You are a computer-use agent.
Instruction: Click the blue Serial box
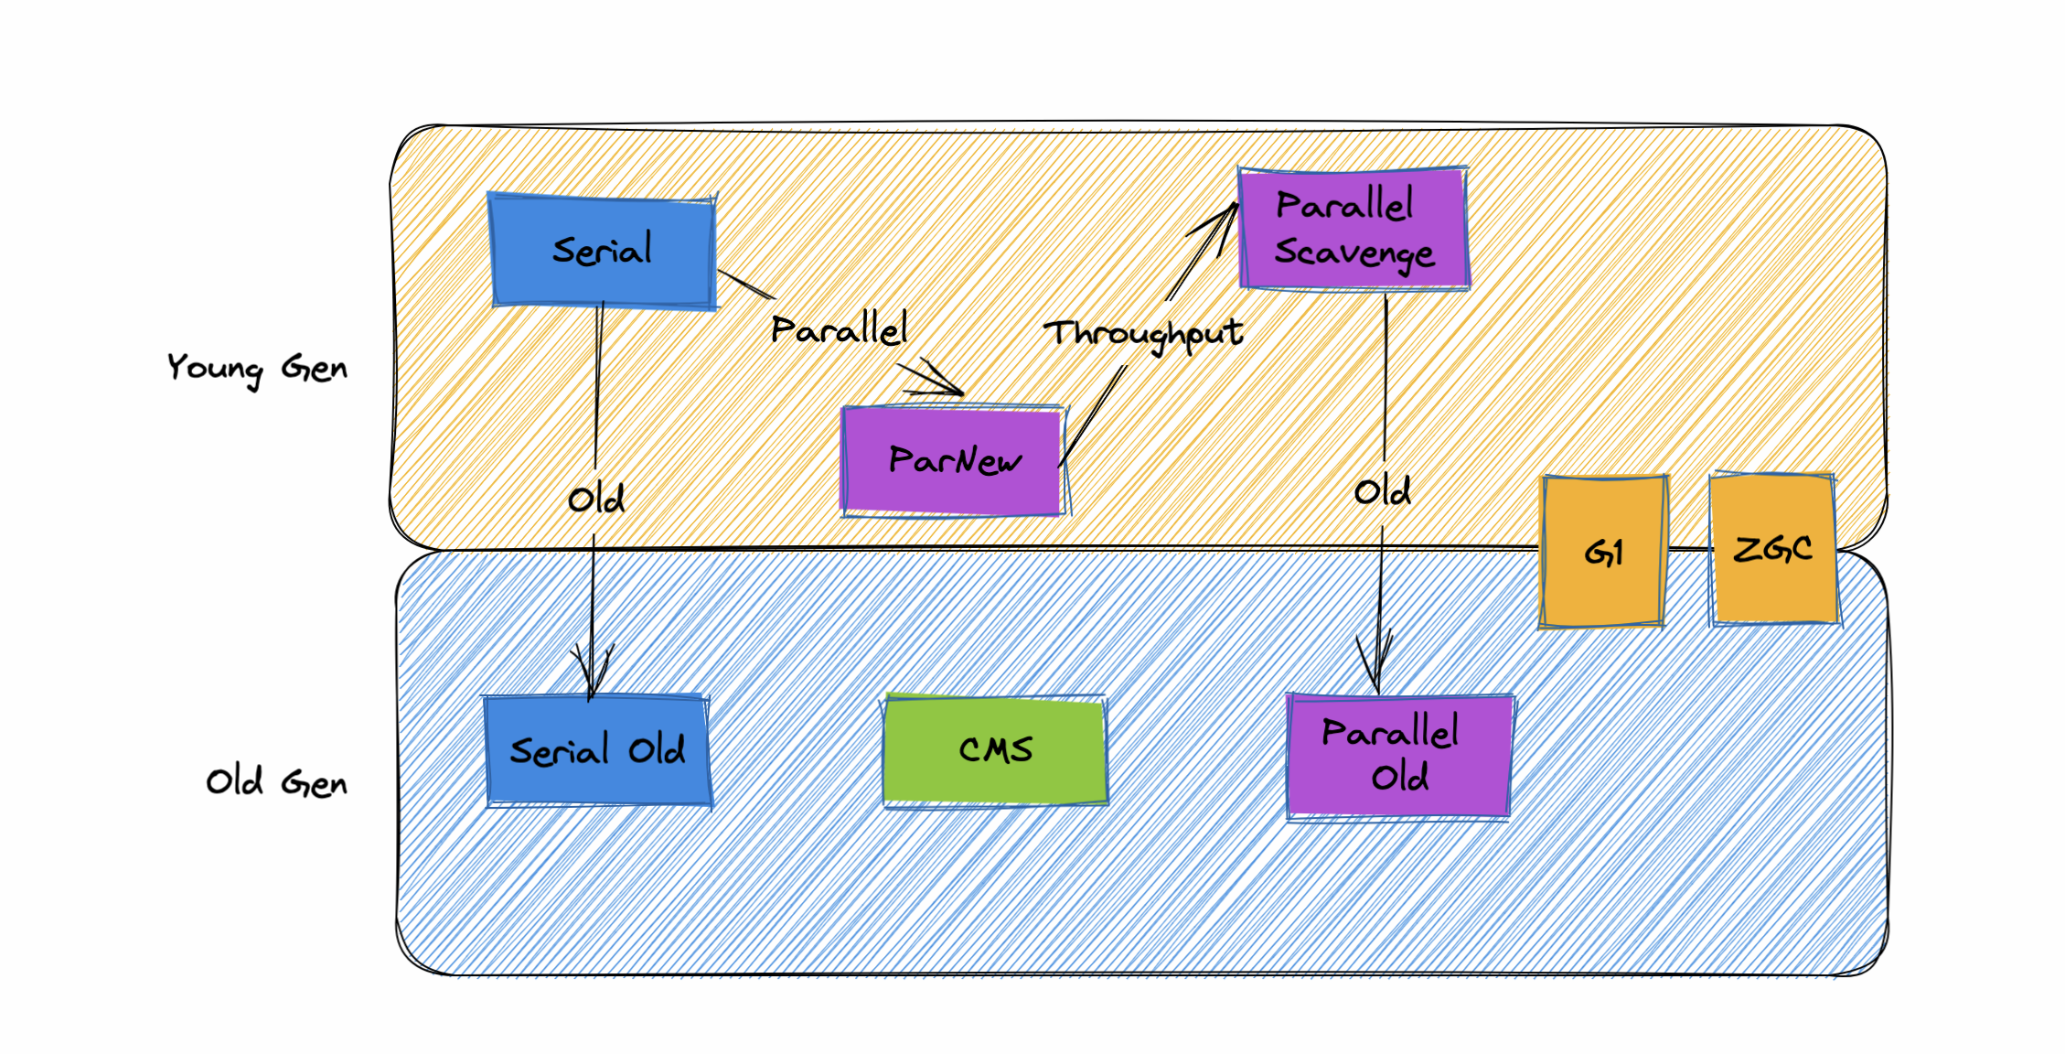pos(603,251)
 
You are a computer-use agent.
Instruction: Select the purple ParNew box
pos(953,460)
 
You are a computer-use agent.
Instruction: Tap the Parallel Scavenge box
pos(1353,228)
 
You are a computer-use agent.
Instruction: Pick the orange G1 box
pos(1603,551)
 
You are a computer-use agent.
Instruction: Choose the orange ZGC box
pos(1772,548)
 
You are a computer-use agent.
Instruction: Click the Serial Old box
pos(597,750)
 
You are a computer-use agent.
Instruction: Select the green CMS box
pos(995,750)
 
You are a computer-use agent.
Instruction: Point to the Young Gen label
pos(257,368)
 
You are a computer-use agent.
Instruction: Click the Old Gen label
pos(276,782)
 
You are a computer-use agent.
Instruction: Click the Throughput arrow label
pos(1143,333)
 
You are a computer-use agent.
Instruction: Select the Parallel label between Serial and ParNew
pos(839,329)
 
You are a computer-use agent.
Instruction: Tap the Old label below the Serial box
pos(595,500)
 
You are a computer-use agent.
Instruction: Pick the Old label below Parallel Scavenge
pos(1382,492)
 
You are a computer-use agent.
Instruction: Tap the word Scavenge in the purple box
pos(1354,253)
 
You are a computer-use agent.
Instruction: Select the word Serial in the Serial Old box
pos(559,751)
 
